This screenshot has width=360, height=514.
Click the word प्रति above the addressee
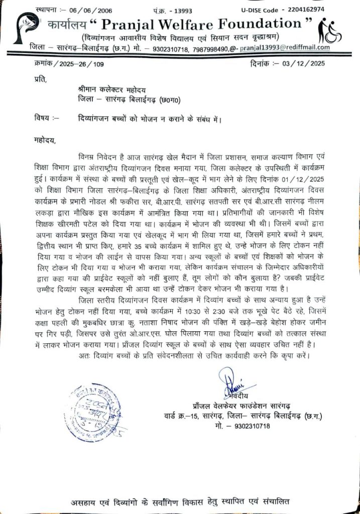tap(42, 79)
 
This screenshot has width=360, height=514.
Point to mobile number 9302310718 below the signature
tap(249, 426)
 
